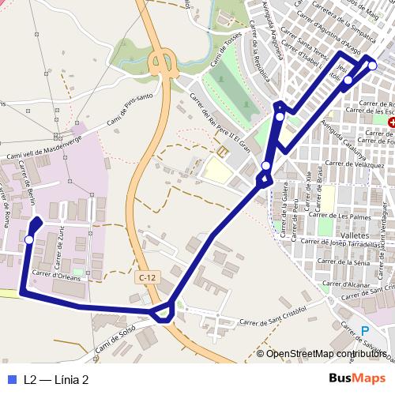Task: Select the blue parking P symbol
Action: click(x=364, y=332)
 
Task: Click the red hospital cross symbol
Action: click(x=391, y=122)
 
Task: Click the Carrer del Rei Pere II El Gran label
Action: click(x=219, y=123)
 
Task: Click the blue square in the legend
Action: click(x=10, y=379)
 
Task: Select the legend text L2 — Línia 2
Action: click(x=55, y=379)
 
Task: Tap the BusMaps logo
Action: click(x=357, y=378)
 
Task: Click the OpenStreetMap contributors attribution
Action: click(x=325, y=353)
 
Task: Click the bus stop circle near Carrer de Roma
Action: click(x=29, y=239)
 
